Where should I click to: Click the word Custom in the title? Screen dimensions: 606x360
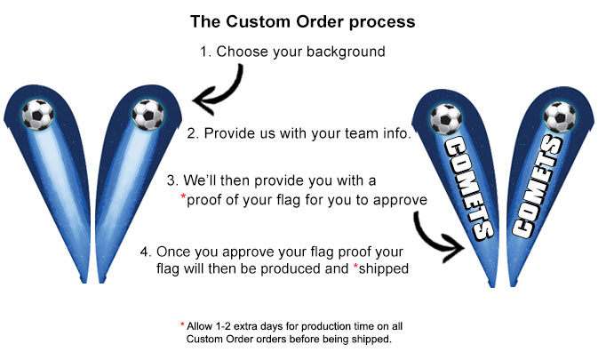point(259,21)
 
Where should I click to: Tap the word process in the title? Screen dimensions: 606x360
point(382,22)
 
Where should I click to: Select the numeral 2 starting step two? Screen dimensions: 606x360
point(191,133)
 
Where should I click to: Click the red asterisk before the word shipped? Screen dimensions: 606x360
point(356,266)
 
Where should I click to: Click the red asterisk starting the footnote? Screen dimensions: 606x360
point(182,324)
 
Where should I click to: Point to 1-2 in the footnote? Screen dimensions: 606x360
point(221,326)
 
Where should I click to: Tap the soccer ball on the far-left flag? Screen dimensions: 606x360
point(38,115)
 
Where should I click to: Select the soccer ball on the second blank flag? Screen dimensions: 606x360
point(148,115)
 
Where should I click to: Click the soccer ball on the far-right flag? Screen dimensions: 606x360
point(559,117)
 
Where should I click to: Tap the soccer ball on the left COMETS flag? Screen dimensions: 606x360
point(446,119)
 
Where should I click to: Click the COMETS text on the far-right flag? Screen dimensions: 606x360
point(538,187)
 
